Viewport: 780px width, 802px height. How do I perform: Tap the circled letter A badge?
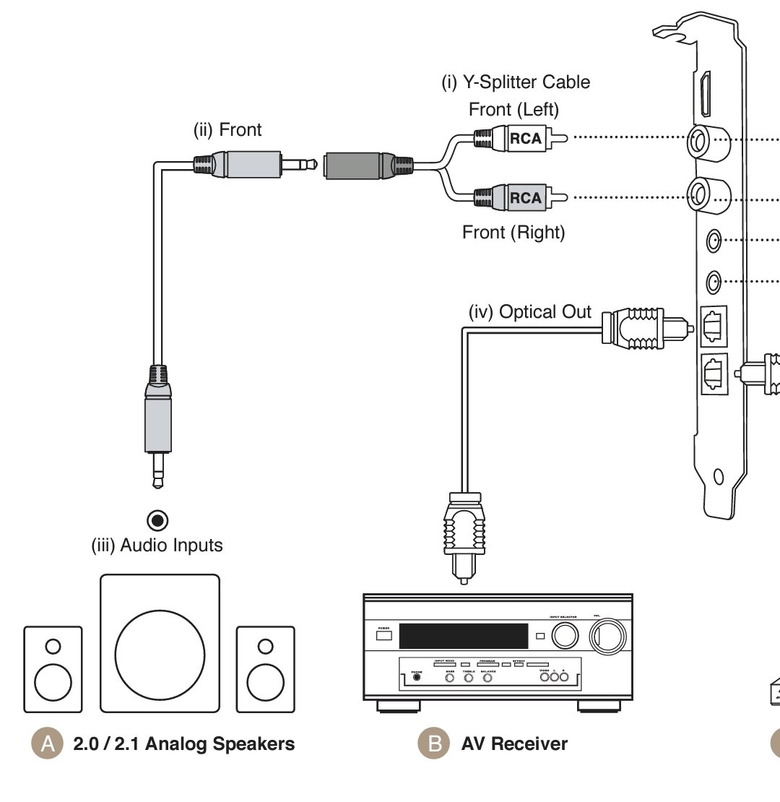click(x=48, y=743)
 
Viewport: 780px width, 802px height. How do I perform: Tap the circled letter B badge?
click(x=435, y=743)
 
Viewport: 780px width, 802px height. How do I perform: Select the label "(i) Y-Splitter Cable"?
click(x=516, y=82)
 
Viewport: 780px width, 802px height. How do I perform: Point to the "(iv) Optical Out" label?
click(x=529, y=312)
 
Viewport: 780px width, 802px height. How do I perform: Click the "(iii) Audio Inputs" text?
click(x=157, y=545)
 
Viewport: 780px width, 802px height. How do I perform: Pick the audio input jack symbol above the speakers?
click(x=157, y=520)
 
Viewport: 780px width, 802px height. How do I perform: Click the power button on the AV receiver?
click(x=383, y=635)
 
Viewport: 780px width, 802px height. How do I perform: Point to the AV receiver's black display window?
click(x=463, y=636)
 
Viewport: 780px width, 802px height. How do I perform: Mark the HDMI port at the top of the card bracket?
click(x=706, y=94)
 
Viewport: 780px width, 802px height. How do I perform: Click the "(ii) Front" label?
click(x=227, y=130)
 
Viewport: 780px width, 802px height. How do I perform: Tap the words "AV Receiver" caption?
click(x=514, y=743)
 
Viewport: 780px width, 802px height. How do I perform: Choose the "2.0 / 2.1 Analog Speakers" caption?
click(x=184, y=743)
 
